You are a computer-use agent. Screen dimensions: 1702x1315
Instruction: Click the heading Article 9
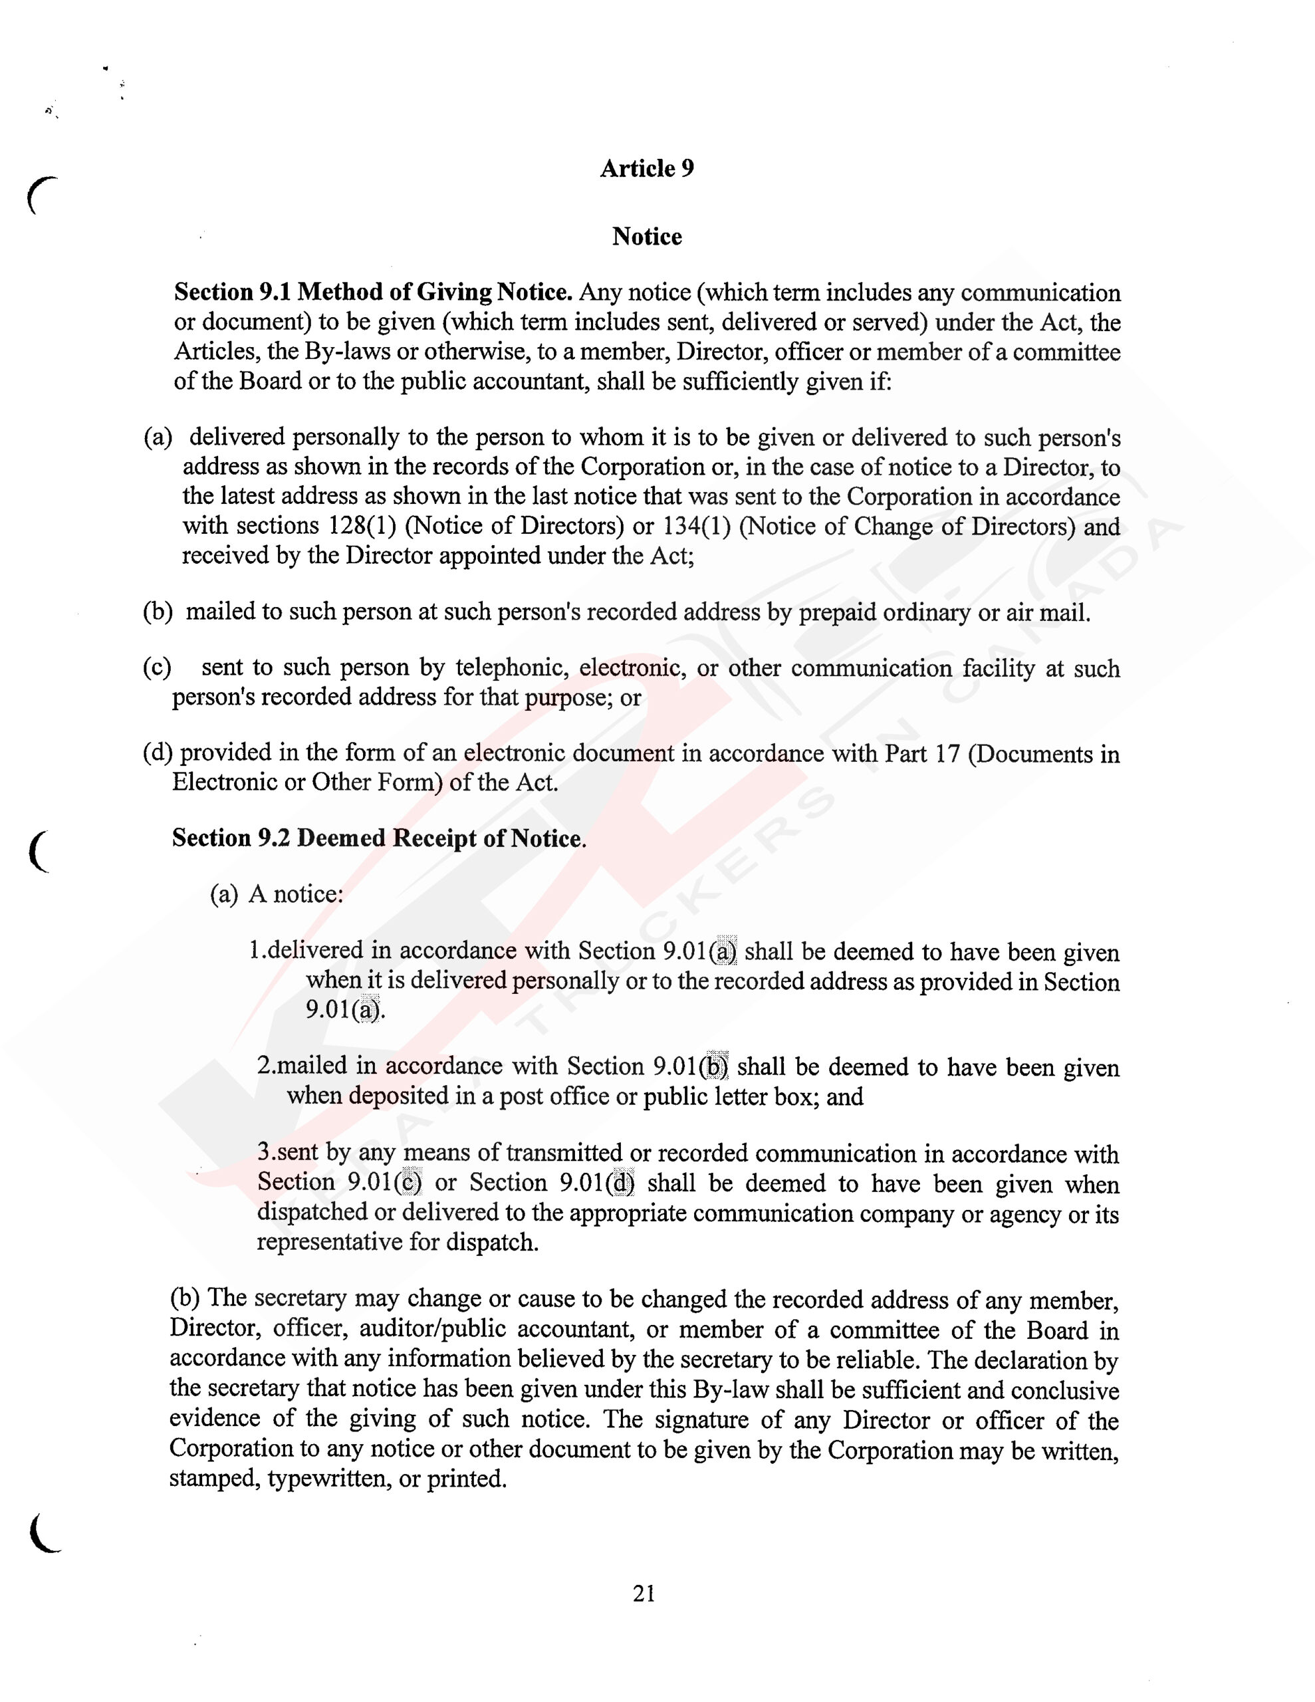(x=646, y=168)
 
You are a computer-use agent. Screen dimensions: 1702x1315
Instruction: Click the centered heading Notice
(x=646, y=236)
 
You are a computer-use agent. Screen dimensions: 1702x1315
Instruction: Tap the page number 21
(x=644, y=1594)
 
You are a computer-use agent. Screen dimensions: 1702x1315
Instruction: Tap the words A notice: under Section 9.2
(x=295, y=894)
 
